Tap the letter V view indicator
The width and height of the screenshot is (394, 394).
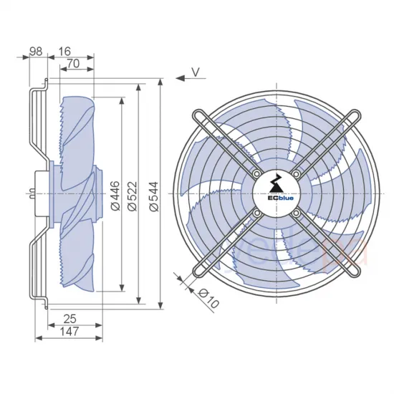[196, 72]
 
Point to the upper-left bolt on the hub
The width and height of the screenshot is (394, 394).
[256, 173]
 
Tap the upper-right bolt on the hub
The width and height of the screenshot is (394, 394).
[295, 173]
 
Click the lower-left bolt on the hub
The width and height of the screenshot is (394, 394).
[256, 212]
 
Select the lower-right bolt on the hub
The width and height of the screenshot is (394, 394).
[295, 212]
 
